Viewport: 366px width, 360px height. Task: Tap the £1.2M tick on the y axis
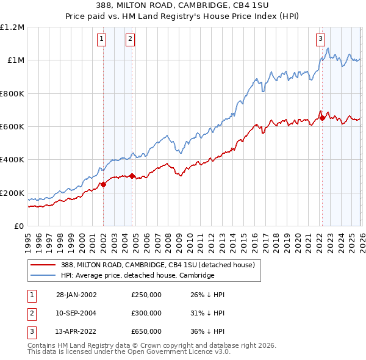click(x=13, y=27)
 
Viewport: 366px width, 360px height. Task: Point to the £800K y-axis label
click(x=12, y=94)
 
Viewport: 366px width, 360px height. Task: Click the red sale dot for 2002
click(x=103, y=184)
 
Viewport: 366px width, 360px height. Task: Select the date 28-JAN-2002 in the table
click(x=76, y=295)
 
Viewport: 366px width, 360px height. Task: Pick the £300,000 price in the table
click(x=146, y=312)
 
